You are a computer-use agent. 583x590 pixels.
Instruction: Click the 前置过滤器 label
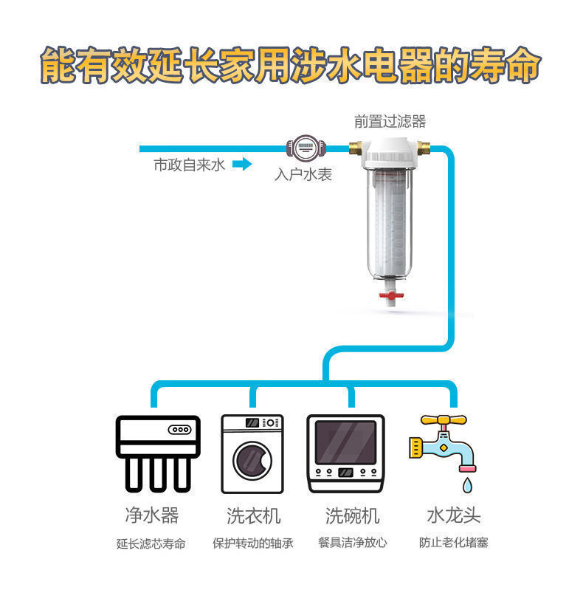(x=390, y=122)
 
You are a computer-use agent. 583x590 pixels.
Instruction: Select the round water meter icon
(x=302, y=148)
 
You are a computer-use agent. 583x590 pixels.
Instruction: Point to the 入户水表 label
(x=303, y=175)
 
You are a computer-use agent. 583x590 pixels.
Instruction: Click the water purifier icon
(x=158, y=453)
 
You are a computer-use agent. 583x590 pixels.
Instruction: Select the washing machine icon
(x=252, y=453)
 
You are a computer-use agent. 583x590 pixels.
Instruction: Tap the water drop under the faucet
(x=466, y=484)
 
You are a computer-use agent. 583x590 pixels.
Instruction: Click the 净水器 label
(x=151, y=515)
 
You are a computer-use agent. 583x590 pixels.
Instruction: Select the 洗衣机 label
(x=253, y=515)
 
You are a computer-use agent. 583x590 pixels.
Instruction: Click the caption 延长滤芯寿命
(x=151, y=543)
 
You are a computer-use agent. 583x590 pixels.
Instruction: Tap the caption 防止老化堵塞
(x=453, y=543)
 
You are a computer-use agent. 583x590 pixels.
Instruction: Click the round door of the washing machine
(x=252, y=461)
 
